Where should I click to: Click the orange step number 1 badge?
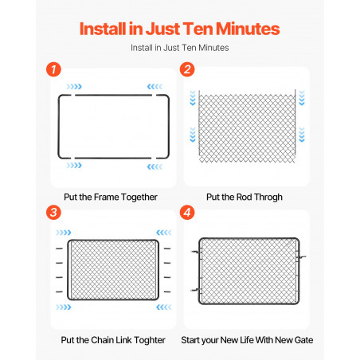53,69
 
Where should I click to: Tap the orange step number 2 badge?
187,69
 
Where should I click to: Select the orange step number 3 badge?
53,213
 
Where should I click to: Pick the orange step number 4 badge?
187,213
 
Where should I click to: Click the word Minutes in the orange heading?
248,29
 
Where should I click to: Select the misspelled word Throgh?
268,198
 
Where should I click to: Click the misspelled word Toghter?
150,340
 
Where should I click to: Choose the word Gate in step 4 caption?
303,340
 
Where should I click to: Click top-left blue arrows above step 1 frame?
74,87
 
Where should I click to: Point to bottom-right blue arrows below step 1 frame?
155,166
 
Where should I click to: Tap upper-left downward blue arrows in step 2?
193,98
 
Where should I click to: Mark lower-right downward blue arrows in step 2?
302,135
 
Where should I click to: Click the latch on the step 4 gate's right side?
301,257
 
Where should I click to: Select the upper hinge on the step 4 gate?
197,252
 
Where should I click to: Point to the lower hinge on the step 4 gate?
196,290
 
